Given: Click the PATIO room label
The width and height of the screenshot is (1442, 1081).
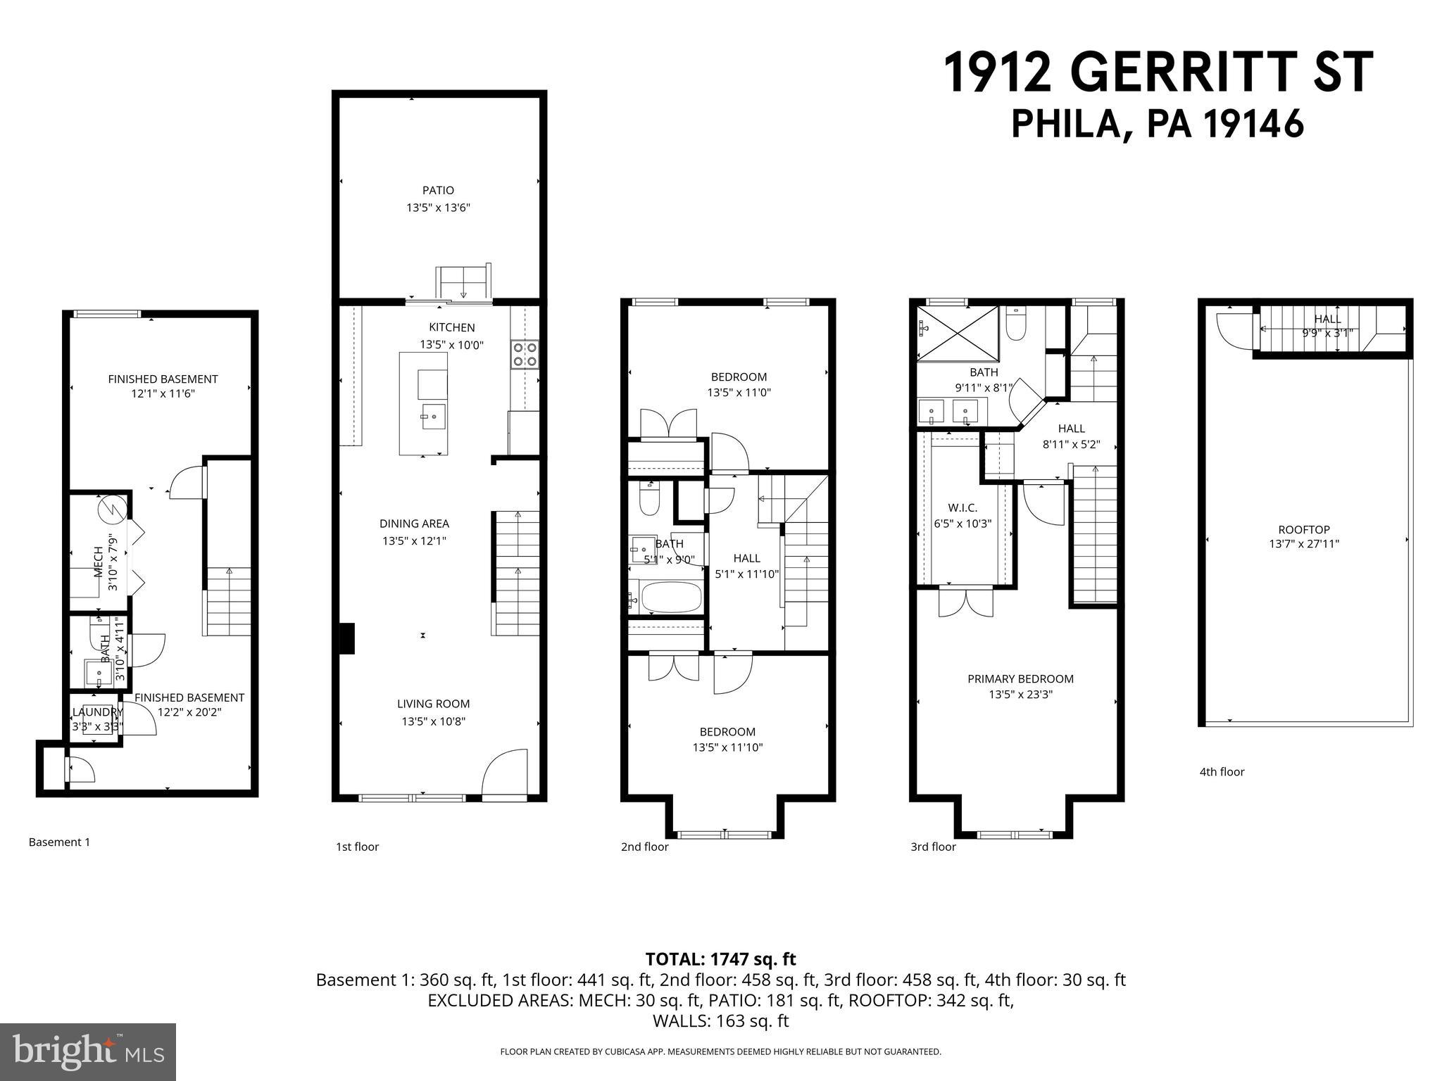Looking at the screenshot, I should pos(438,190).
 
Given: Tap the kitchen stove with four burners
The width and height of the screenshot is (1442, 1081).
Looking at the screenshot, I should pos(525,354).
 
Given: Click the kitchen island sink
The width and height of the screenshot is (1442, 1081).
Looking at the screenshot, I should pos(433,416).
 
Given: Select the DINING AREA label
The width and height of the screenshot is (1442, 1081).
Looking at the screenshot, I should pos(414,524).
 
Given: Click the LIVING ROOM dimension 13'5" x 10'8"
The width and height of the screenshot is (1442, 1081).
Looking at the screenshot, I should pos(434,721).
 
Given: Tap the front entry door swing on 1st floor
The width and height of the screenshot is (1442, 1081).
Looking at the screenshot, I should pos(506,773).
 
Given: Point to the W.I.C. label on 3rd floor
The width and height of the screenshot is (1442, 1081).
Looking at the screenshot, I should pos(963,507).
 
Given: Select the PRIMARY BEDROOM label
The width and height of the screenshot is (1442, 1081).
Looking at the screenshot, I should pos(1020,679).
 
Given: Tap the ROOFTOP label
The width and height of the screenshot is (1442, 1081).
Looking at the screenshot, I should pos(1304,530).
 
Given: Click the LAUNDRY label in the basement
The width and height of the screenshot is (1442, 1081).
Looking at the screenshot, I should pos(98,712).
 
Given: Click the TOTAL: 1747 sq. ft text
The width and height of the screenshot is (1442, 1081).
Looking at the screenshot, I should pos(720,959).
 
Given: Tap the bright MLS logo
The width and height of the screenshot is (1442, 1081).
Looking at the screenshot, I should pos(88,1052).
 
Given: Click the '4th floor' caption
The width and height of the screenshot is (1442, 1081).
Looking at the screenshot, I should pos(1222,772).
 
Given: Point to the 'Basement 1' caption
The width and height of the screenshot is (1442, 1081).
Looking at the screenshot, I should pos(59,842).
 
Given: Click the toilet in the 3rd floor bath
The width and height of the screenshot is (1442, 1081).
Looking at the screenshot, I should pos(1016,325).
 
